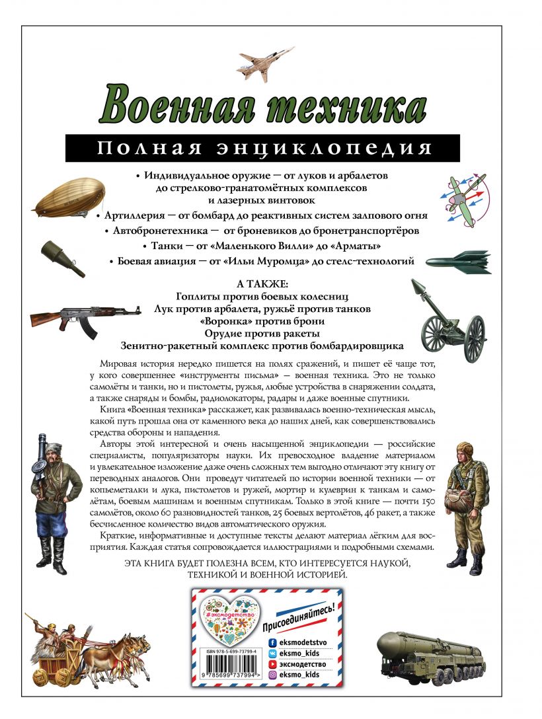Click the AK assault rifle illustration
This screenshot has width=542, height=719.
[x=85, y=317]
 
